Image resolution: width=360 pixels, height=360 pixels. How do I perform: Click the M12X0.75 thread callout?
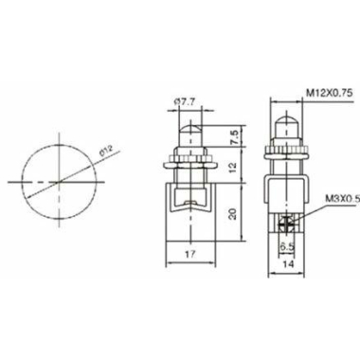click(329, 93)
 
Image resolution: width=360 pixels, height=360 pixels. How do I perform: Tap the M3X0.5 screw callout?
click(343, 199)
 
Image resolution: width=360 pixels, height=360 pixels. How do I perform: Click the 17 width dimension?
click(190, 254)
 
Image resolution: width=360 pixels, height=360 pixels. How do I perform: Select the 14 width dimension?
click(287, 263)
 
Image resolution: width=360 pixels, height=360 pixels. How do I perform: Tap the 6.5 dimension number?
click(287, 246)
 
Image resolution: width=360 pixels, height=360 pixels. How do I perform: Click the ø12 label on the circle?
click(106, 151)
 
